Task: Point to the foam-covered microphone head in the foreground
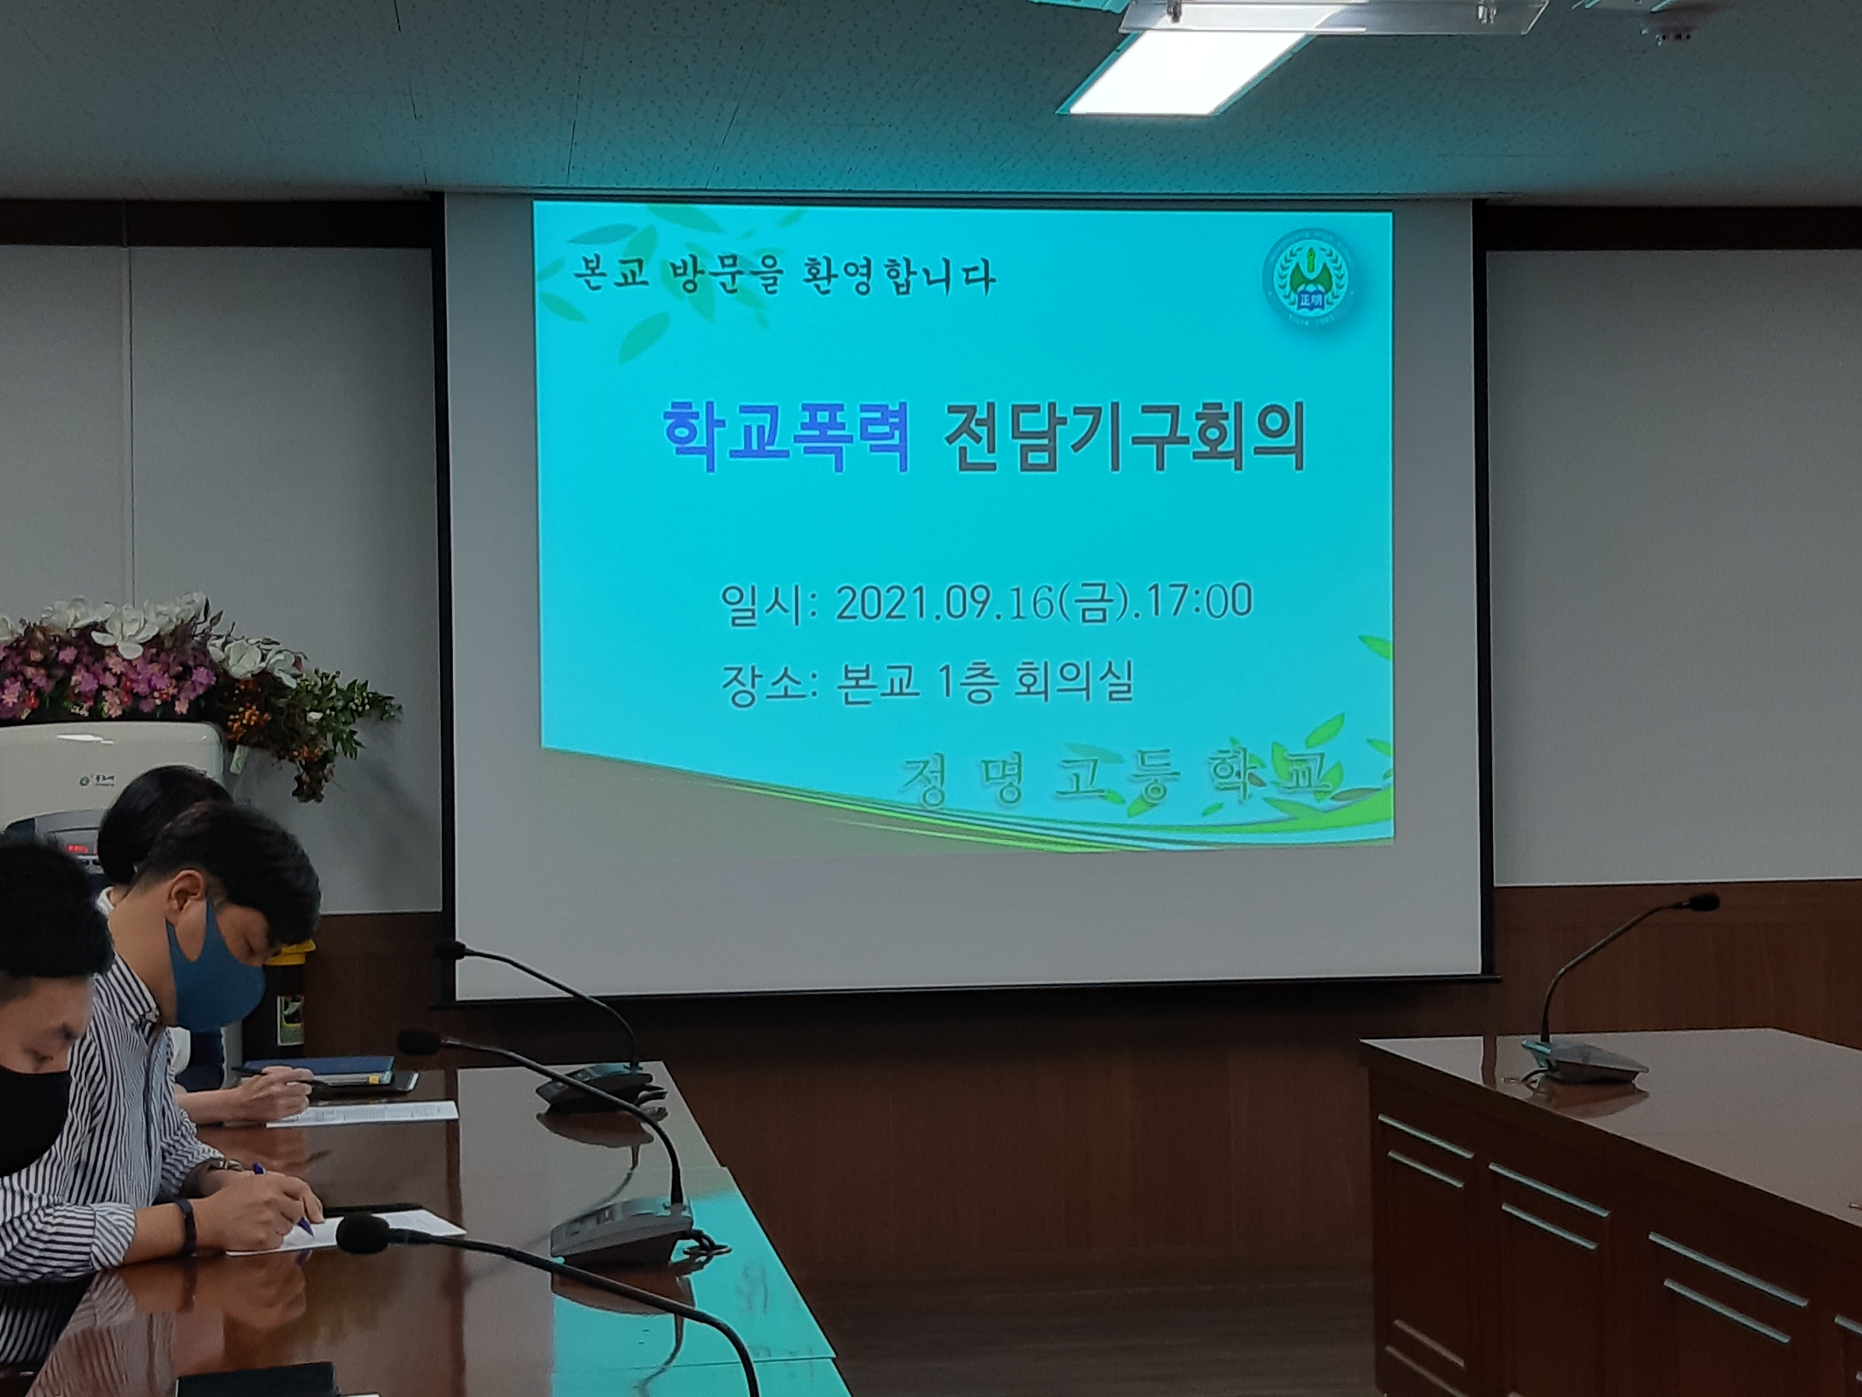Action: click(364, 1235)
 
